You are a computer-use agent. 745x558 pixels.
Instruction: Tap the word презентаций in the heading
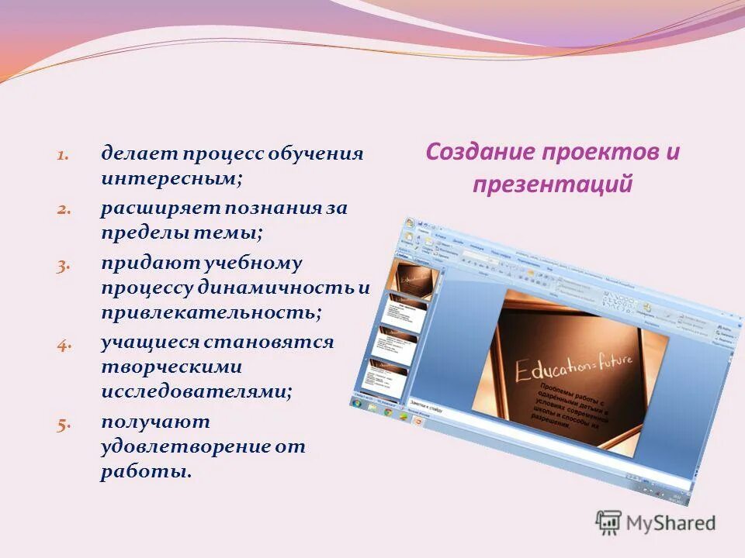point(552,185)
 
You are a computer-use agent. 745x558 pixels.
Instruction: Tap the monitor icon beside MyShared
point(608,523)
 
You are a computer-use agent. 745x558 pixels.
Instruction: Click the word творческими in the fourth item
point(171,367)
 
